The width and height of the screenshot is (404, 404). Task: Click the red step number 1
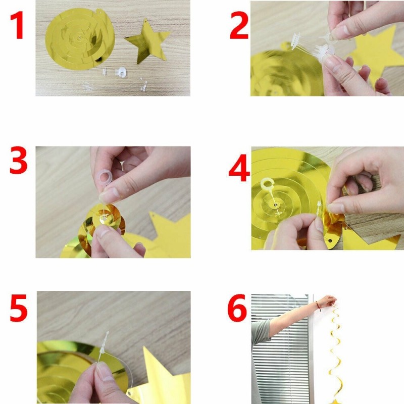[x=18, y=26]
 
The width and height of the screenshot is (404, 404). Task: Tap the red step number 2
[x=239, y=26]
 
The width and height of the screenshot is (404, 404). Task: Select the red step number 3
[x=19, y=160]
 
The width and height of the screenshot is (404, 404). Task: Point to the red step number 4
[x=239, y=168]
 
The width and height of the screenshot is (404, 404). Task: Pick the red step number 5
[x=19, y=308]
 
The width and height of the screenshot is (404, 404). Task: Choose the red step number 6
[x=237, y=308]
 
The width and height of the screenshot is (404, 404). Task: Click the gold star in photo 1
[x=147, y=41]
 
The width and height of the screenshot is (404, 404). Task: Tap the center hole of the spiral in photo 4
[x=276, y=206]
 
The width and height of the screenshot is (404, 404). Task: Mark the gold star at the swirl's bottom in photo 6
[x=335, y=401]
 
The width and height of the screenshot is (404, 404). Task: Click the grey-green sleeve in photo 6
[x=260, y=333]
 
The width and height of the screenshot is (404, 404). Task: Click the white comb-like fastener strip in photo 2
[x=296, y=41]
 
